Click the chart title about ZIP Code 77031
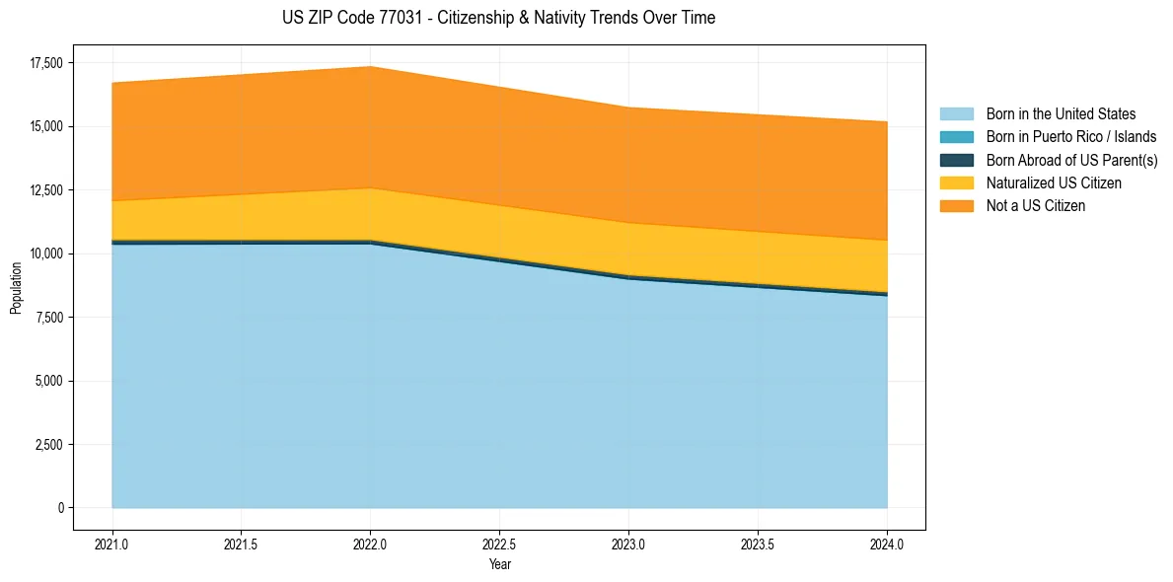pos(499,18)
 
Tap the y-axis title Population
pos(16,288)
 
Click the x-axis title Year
pos(499,564)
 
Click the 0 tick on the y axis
pos(59,508)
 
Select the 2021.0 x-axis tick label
pos(112,544)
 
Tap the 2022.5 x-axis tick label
pos(499,544)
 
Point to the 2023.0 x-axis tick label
pos(628,544)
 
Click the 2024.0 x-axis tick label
pos(887,544)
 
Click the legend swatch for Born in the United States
pos(956,114)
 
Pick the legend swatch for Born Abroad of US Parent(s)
pos(956,160)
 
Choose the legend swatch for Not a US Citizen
pos(956,206)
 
